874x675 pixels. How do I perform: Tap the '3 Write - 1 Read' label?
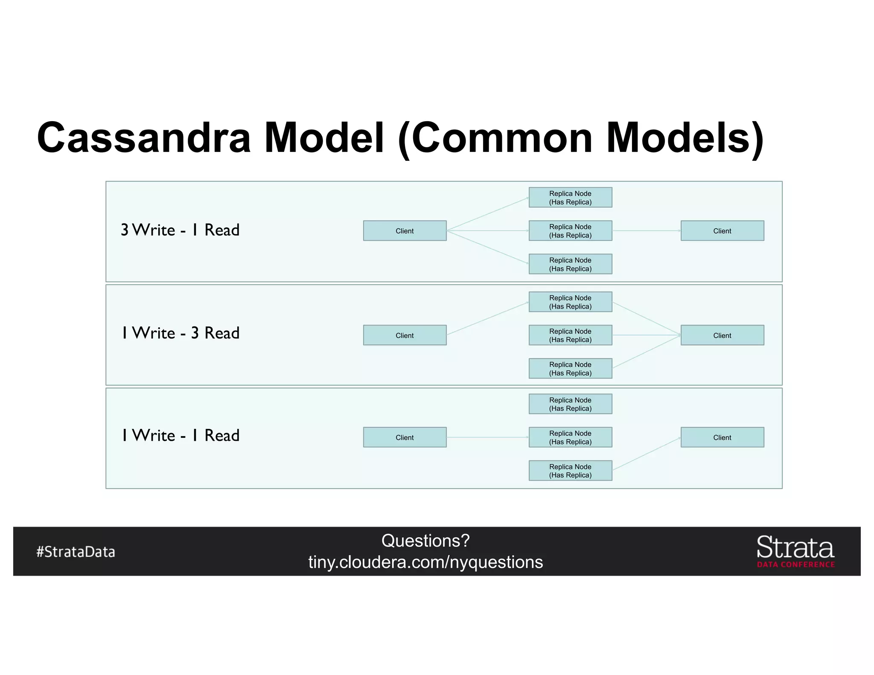(x=180, y=230)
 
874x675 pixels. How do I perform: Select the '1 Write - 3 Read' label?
(x=180, y=333)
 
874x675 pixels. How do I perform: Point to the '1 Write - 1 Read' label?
(x=180, y=435)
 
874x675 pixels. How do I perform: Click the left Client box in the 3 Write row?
(x=405, y=231)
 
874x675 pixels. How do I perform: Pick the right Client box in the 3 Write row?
(x=722, y=231)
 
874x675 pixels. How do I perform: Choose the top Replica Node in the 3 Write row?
(x=570, y=198)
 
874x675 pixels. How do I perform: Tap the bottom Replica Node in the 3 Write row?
(x=570, y=264)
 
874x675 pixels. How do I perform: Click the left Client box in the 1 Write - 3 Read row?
(x=405, y=335)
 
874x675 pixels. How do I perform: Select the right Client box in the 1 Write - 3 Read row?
(x=722, y=335)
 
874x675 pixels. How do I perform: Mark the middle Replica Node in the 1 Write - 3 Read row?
(x=570, y=335)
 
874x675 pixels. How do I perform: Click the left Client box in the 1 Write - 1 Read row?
(x=405, y=437)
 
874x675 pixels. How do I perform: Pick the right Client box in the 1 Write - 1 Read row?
(x=722, y=437)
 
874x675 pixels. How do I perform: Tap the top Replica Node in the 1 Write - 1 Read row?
(x=570, y=404)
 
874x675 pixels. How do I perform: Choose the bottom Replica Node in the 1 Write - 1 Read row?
(x=570, y=471)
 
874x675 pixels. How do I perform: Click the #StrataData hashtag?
(x=76, y=552)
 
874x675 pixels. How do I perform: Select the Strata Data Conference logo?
(x=795, y=551)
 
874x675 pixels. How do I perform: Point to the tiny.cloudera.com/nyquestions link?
(x=425, y=562)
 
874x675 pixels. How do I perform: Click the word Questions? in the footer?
(x=425, y=541)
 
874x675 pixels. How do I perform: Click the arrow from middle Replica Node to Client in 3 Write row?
(x=646, y=231)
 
